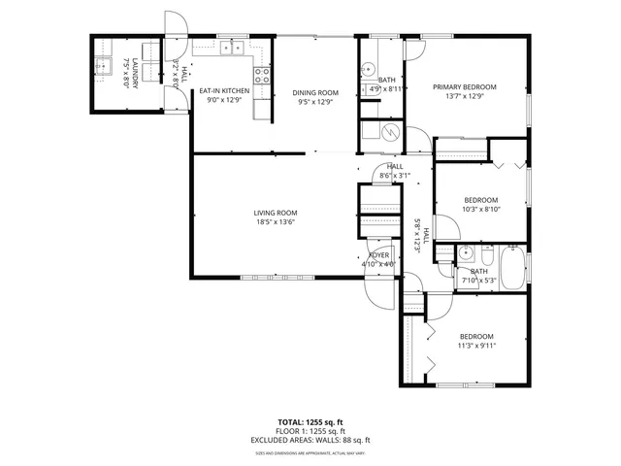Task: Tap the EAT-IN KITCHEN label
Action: click(x=224, y=91)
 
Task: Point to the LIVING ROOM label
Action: click(x=276, y=213)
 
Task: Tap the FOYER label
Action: click(x=378, y=254)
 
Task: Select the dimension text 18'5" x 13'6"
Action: click(x=276, y=221)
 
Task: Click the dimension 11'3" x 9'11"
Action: click(x=477, y=344)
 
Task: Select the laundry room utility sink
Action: click(x=104, y=67)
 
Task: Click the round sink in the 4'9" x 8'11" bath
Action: click(x=367, y=70)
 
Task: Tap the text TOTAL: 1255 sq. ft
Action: click(x=310, y=422)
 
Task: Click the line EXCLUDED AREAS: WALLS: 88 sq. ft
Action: click(x=310, y=439)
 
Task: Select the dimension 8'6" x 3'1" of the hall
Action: click(x=395, y=176)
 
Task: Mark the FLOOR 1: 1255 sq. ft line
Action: click(x=310, y=431)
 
